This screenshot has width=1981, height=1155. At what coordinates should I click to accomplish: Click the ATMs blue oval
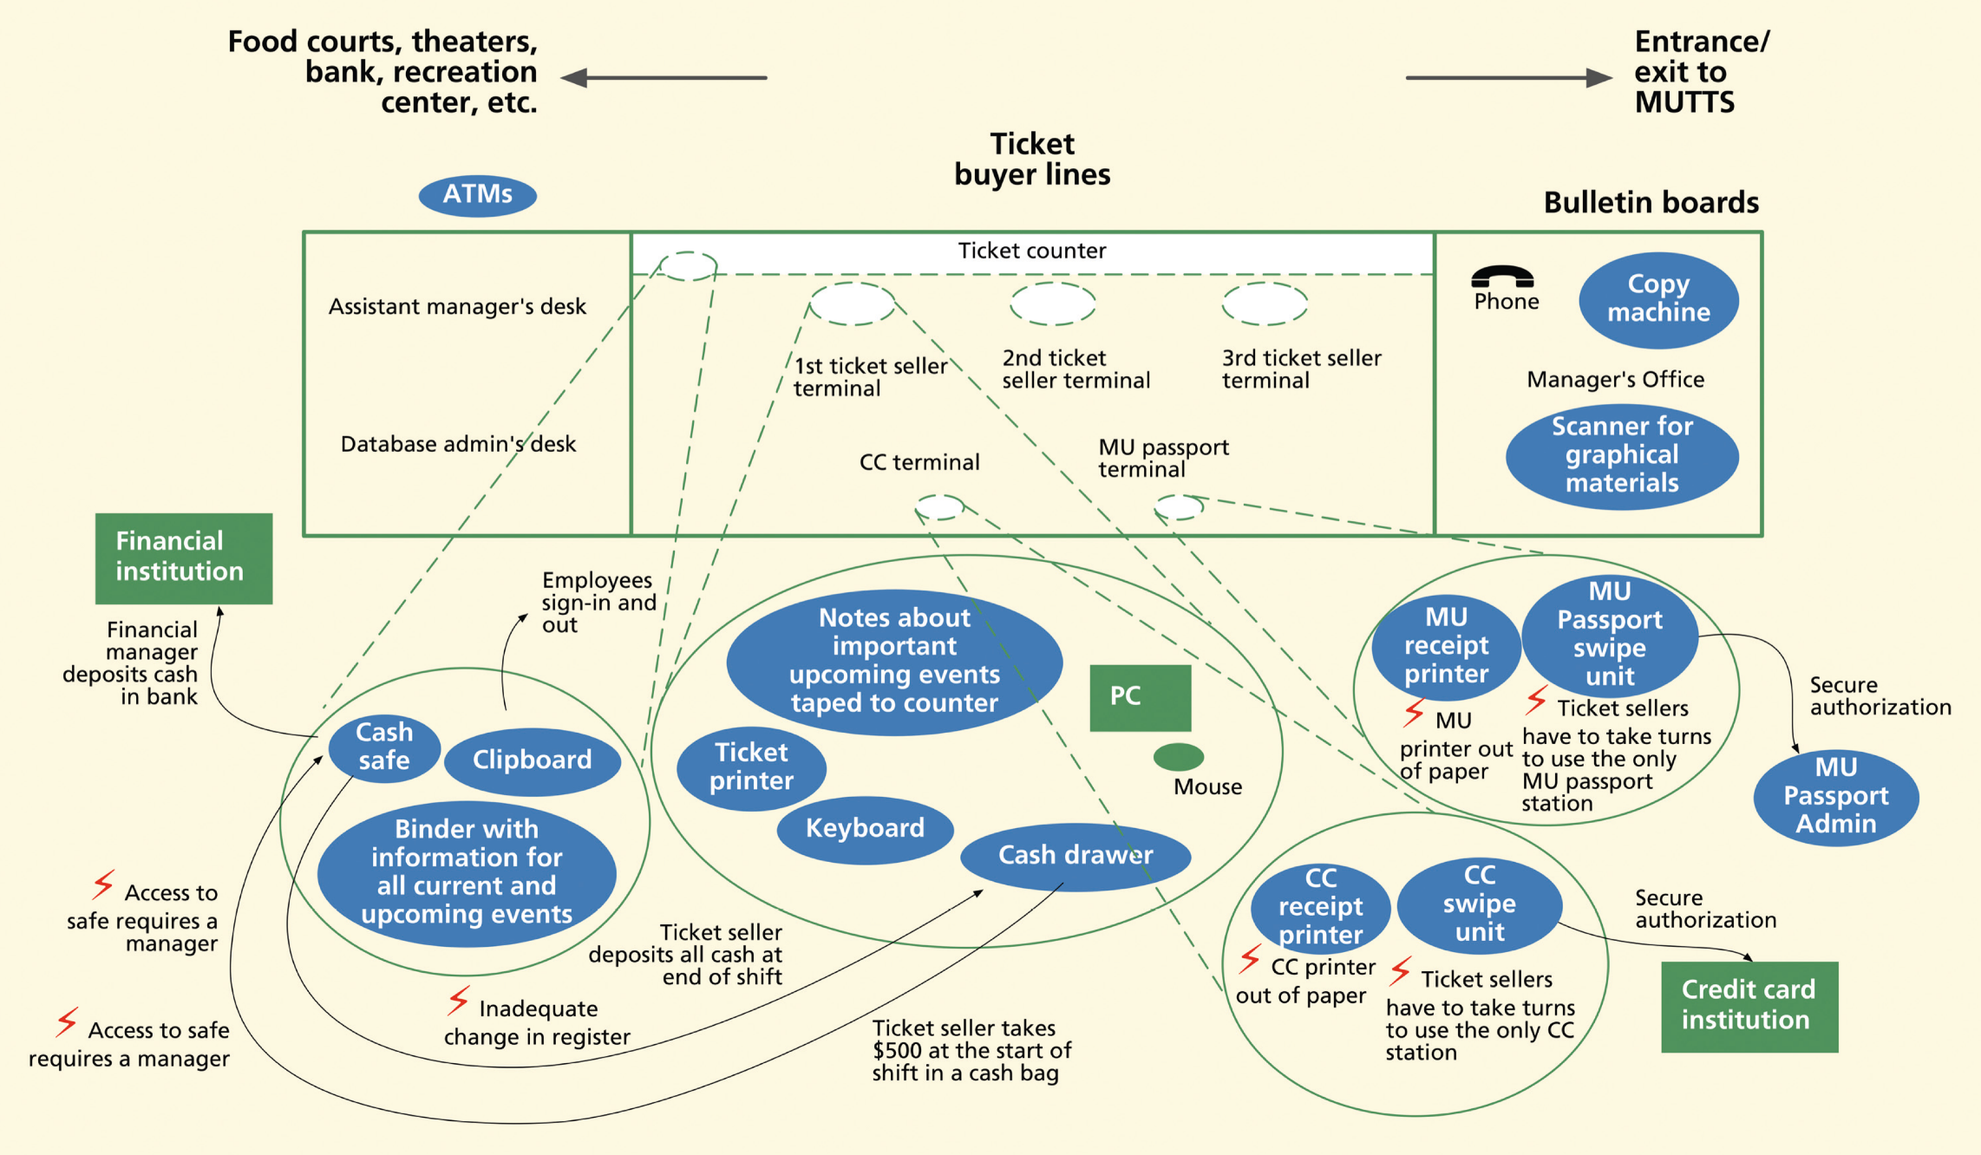[477, 194]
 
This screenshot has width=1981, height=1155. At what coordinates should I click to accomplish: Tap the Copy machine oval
[1657, 299]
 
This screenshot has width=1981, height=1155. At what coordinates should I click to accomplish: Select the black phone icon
[1502, 277]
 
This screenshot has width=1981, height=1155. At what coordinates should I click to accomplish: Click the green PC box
[1140, 697]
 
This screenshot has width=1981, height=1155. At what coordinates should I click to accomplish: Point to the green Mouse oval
[1178, 757]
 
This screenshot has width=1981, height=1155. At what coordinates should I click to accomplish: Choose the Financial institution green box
[183, 558]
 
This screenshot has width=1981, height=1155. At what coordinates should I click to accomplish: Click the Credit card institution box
[1749, 1006]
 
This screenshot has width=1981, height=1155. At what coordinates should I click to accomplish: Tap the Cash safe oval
[384, 747]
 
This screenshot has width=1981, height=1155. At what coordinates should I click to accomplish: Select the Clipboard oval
[532, 760]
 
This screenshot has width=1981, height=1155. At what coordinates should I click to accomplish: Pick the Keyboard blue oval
[865, 829]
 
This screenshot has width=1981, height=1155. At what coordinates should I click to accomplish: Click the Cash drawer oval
[1075, 856]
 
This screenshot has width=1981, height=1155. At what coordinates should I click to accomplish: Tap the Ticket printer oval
[751, 767]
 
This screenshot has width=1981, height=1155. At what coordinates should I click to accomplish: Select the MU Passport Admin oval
[1835, 796]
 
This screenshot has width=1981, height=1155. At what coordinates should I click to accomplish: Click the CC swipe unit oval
[1479, 904]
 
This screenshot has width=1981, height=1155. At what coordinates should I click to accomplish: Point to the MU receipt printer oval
[1446, 646]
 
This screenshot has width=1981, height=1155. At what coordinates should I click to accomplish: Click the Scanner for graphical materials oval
[1621, 455]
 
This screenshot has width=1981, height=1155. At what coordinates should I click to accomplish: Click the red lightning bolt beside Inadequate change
[459, 1001]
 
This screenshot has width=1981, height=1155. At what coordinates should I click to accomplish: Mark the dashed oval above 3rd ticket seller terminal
[1264, 303]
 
